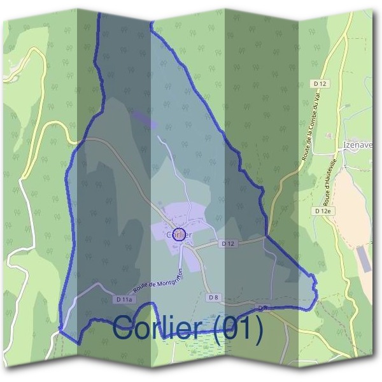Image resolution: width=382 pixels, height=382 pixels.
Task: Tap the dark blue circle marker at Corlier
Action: (180, 234)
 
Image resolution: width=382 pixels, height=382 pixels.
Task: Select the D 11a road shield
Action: (125, 299)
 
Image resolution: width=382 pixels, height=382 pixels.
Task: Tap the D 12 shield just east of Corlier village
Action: (229, 244)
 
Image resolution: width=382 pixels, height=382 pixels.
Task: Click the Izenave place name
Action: (358, 145)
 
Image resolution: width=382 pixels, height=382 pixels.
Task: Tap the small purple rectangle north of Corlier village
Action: (145, 119)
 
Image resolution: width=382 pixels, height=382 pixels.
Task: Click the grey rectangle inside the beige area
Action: (362, 258)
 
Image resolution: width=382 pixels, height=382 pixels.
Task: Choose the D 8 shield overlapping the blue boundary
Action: (263, 308)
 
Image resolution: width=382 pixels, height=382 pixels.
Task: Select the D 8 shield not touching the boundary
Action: (213, 297)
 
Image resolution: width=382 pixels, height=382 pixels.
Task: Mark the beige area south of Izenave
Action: (354, 210)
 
